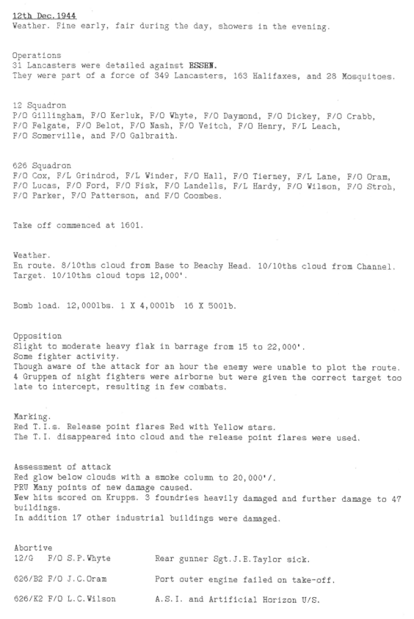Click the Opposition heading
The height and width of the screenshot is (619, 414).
36,335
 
